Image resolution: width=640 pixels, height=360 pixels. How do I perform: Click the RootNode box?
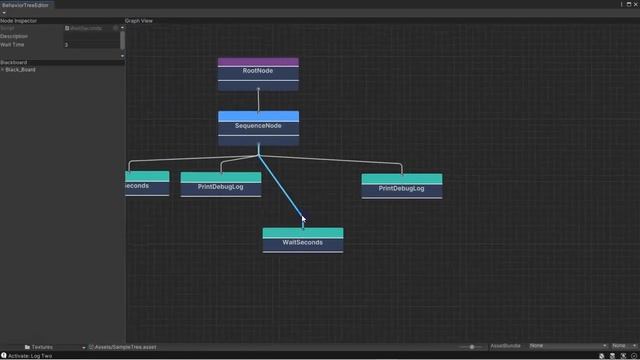258,72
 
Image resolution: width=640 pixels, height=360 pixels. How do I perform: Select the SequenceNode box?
258,127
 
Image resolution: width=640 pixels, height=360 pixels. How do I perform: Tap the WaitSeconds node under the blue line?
302,242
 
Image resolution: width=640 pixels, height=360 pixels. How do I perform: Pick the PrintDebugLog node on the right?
401,188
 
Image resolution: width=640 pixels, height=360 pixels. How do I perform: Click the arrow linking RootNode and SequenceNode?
258,99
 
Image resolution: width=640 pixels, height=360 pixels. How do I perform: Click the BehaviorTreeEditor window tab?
25,5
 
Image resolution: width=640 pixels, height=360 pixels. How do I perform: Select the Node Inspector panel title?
20,20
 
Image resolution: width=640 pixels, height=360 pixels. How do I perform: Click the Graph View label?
140,20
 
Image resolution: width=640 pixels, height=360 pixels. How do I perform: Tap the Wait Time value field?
92,45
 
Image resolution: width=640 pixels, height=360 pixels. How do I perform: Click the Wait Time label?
14,45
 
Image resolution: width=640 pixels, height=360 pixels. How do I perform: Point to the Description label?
15,36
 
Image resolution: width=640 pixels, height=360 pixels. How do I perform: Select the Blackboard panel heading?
15,62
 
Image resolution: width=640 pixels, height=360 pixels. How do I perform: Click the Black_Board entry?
22,70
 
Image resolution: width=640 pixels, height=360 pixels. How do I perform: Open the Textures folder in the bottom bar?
42,347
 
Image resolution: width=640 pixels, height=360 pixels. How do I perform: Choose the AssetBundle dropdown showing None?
566,346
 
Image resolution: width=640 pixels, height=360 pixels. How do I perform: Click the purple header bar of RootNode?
258,62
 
